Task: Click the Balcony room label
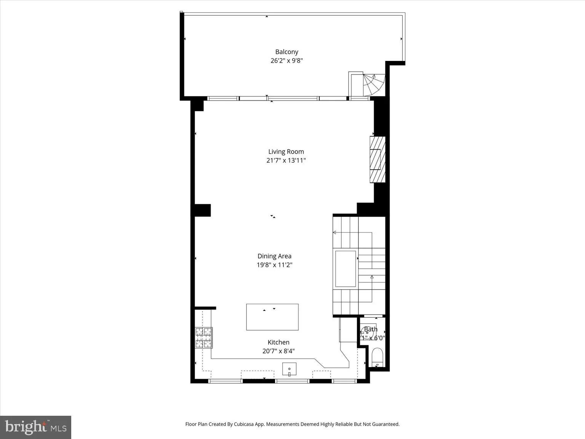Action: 286,52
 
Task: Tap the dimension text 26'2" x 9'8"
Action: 286,61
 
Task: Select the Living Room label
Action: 286,152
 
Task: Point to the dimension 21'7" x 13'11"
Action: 286,160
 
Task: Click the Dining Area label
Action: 274,256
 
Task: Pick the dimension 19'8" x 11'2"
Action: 274,265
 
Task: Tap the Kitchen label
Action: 278,342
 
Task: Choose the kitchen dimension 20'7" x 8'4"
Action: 278,351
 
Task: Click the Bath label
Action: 371,329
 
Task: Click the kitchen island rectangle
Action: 272,317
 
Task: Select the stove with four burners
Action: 204,338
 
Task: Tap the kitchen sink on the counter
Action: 289,369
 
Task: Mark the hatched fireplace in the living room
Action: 377,159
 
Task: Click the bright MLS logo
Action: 35,427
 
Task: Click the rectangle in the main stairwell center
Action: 345,268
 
